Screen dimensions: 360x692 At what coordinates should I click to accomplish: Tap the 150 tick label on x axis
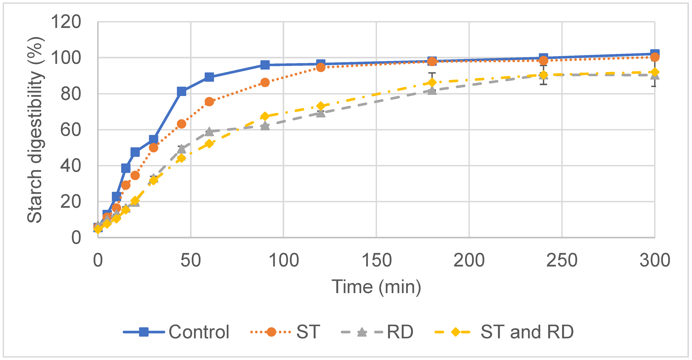pyautogui.click(x=376, y=260)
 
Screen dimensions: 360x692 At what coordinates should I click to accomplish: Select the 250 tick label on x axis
pyautogui.click(x=562, y=260)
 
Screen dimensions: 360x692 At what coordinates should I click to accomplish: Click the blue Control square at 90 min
pyautogui.click(x=265, y=65)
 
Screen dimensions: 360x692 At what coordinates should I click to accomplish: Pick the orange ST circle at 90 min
pyautogui.click(x=265, y=82)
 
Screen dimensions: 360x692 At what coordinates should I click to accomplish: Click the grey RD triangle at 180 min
pyautogui.click(x=432, y=91)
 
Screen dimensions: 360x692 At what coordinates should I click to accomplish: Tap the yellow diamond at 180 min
pyautogui.click(x=432, y=82)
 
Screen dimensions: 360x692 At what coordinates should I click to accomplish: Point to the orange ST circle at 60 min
pyautogui.click(x=209, y=101)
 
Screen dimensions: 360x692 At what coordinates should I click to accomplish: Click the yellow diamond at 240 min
pyautogui.click(x=543, y=75)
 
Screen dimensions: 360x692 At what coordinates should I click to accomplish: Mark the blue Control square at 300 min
pyautogui.click(x=655, y=53)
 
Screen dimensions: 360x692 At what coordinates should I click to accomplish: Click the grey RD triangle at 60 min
pyautogui.click(x=209, y=132)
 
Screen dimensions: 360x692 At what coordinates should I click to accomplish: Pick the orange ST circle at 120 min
pyautogui.click(x=321, y=67)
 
